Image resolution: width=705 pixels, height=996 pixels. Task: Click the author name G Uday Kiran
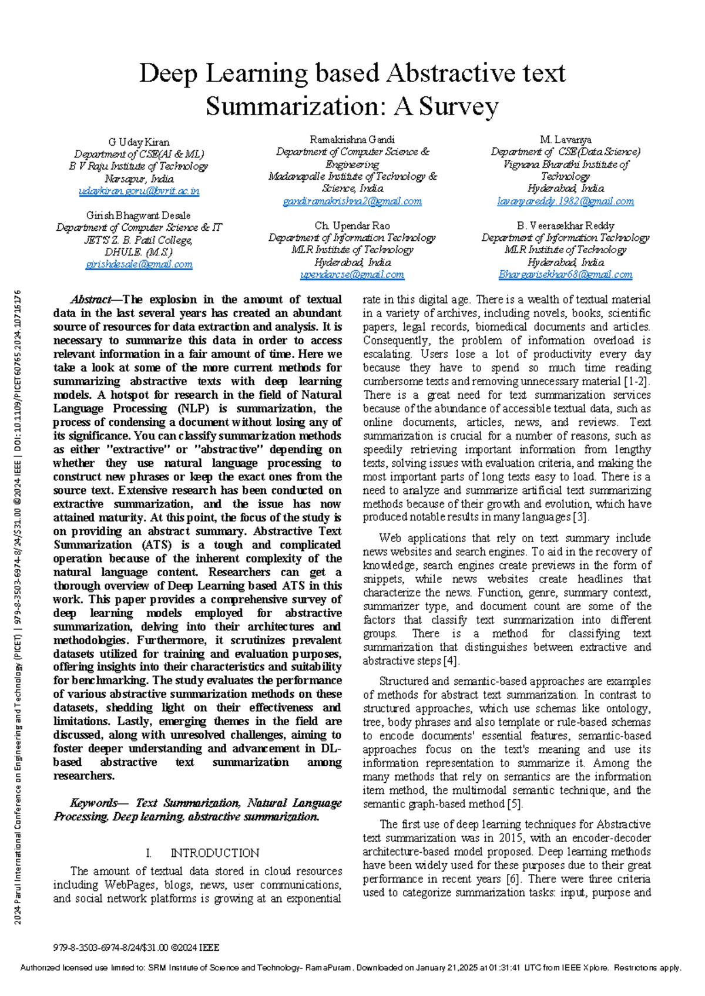[x=139, y=142]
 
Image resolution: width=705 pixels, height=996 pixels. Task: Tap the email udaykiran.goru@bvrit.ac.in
[x=139, y=191]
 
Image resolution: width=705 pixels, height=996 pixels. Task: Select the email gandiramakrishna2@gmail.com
[x=352, y=201]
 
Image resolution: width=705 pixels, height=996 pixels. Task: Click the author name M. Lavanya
[x=565, y=140]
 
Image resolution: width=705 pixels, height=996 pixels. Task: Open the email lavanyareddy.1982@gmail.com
[x=565, y=201]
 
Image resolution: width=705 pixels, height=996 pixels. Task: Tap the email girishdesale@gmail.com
[x=139, y=265]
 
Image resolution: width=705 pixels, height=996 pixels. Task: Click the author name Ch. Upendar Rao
[x=352, y=226]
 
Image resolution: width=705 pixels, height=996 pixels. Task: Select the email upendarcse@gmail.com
[x=352, y=275]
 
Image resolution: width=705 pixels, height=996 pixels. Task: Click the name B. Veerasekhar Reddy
[x=565, y=226]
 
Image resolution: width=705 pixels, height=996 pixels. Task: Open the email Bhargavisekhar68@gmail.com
[x=565, y=275]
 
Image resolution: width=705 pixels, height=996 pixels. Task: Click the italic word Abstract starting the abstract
[x=92, y=300]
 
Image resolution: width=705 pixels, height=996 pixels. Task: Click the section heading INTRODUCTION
[x=214, y=853]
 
